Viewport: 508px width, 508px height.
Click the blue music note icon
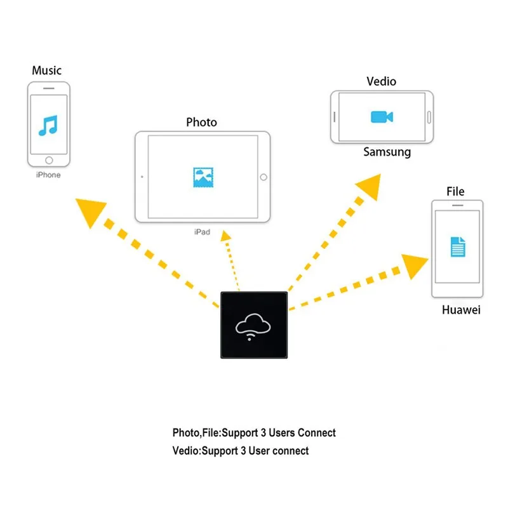pos(48,125)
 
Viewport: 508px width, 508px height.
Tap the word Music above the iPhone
pos(46,70)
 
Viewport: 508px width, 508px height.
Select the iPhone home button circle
pos(49,160)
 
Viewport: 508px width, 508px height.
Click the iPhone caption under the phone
pos(48,175)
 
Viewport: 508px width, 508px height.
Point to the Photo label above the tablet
pos(201,122)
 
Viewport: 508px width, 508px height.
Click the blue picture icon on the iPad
pos(203,177)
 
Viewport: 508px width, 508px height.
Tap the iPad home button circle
pos(264,177)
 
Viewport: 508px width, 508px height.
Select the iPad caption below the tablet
pos(202,232)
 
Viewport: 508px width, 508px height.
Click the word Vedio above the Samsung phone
pos(382,81)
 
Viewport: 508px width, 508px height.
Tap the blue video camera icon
pos(382,117)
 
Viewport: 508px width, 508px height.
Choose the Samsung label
pos(387,152)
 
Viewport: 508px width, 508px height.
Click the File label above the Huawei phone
pos(455,192)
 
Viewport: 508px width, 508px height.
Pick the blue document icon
pos(458,247)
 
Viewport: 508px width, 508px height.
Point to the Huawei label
pos(461,310)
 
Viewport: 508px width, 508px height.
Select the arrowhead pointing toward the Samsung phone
pos(370,187)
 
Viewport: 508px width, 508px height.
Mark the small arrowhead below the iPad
pos(225,236)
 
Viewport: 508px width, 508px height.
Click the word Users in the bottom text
pos(282,433)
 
